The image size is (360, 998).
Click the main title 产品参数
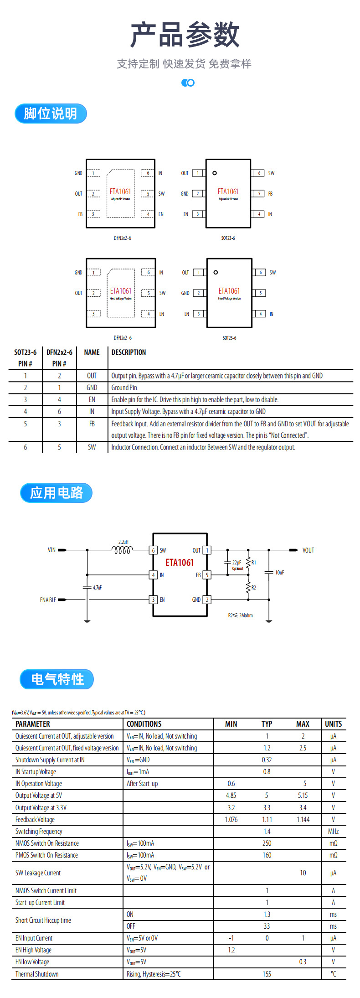[185, 35]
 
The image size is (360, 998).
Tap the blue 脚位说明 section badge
[50, 114]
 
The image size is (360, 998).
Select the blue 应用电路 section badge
[56, 493]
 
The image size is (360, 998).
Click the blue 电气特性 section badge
[57, 679]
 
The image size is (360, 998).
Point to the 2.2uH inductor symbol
[123, 550]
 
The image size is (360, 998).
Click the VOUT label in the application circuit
[308, 550]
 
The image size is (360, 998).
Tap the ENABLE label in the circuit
[48, 600]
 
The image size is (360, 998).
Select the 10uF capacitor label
[279, 573]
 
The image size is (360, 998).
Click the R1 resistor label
[254, 563]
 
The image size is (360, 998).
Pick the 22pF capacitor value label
[237, 563]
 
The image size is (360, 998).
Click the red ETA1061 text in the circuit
[180, 563]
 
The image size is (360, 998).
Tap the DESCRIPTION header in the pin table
[129, 352]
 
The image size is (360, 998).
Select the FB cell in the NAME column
[92, 424]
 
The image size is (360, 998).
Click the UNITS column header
[333, 724]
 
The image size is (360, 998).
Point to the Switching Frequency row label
[39, 832]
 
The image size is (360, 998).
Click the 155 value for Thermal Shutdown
[267, 974]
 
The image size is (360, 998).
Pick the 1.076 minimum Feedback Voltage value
[231, 820]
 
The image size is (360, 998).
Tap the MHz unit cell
[333, 832]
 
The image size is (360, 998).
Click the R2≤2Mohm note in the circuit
[240, 615]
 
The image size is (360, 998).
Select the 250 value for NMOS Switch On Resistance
[267, 843]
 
